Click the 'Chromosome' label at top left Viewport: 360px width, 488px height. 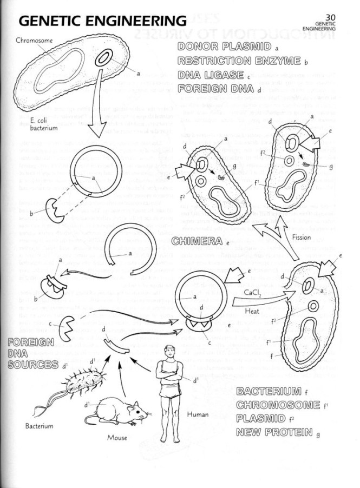[34, 40]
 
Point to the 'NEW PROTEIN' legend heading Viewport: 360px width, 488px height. [269, 432]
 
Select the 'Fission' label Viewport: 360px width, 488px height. [300, 237]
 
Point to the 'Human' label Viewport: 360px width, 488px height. [197, 415]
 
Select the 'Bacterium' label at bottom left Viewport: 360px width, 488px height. [39, 426]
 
